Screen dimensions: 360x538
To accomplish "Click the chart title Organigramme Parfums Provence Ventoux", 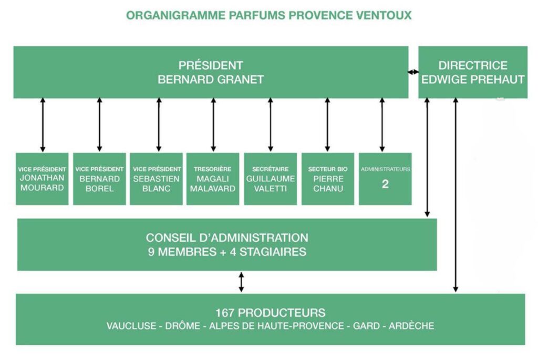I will [x=268, y=15].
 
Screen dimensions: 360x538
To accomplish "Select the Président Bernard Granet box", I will [x=211, y=73].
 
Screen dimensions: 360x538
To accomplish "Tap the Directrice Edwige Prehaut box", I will [x=473, y=73].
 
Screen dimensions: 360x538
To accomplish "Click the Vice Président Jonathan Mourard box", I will [x=42, y=179].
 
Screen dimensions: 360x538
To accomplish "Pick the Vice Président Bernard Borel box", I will [x=99, y=179].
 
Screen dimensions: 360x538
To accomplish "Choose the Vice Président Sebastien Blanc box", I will [x=156, y=179].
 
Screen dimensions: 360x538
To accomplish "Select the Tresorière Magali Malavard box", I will [x=213, y=179].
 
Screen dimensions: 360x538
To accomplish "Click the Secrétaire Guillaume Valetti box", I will [x=271, y=179].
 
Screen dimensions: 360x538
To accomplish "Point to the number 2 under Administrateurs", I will [x=385, y=184].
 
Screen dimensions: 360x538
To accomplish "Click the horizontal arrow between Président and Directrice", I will [x=413, y=72].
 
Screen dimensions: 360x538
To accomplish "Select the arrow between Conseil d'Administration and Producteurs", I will [x=241, y=282].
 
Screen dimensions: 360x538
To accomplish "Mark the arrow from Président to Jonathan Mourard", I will [x=43, y=125].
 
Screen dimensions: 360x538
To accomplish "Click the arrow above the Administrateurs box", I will [x=382, y=125].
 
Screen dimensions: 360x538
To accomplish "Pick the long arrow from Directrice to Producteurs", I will [x=456, y=194].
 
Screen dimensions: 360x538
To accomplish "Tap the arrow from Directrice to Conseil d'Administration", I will [x=427, y=158].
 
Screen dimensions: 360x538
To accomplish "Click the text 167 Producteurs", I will [x=270, y=312].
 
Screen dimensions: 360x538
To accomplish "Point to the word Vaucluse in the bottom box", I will [x=131, y=326].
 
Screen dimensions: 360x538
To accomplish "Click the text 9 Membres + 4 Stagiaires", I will [x=227, y=252].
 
